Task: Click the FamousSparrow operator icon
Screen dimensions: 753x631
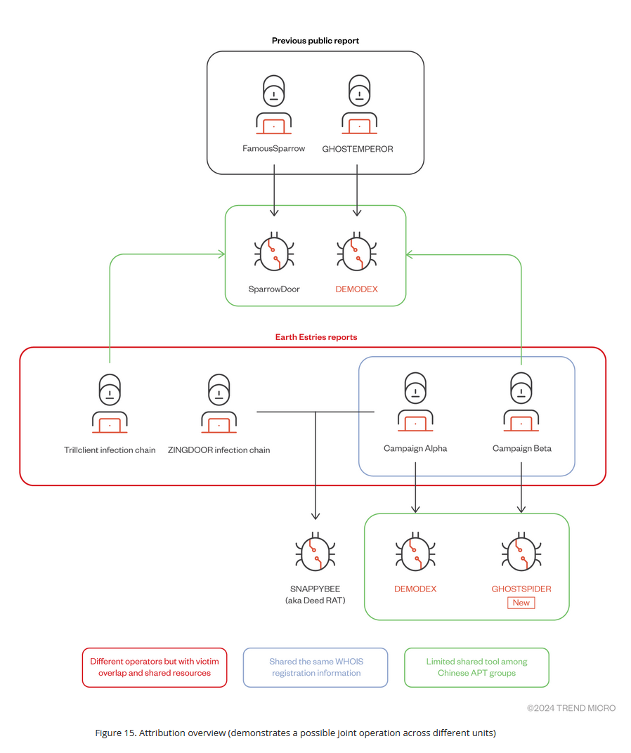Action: tap(273, 106)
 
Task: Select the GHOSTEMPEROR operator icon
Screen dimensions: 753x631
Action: tap(358, 106)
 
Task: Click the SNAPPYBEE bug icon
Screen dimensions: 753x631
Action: tap(315, 551)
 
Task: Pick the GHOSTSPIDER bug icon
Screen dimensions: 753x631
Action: tap(521, 551)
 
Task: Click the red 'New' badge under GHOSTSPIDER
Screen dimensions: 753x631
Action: tap(521, 603)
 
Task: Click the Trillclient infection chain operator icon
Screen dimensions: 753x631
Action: tap(110, 403)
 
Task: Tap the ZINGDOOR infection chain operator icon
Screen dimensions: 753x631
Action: tap(219, 403)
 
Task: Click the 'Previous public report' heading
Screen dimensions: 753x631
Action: tap(315, 41)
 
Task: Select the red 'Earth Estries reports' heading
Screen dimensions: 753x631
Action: tap(315, 337)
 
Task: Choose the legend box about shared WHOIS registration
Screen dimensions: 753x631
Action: tap(315, 667)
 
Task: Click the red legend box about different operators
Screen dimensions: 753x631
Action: tap(155, 667)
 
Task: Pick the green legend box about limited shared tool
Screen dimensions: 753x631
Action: tap(476, 667)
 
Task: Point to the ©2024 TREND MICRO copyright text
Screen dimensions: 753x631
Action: tap(571, 708)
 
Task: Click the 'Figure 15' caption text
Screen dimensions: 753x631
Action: tap(295, 733)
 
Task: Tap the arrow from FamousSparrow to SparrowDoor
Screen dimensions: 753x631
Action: tap(273, 190)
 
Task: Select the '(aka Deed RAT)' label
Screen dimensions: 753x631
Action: tap(315, 601)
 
